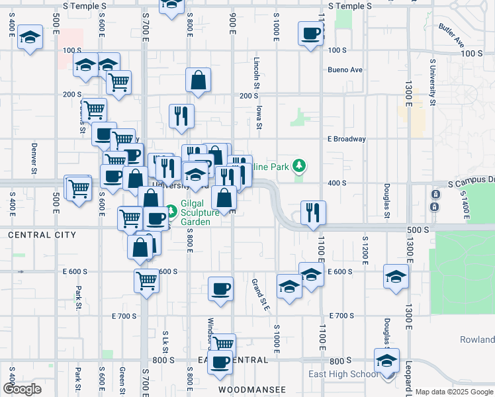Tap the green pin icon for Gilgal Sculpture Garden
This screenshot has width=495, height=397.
171,211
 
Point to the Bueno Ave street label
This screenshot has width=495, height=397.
345,69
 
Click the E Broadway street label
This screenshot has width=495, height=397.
346,139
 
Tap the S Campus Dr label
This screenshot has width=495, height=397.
471,181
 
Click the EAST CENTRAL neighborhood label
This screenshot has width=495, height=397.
233,360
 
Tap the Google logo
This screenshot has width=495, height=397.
22,389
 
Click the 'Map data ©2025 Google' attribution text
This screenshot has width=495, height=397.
455,392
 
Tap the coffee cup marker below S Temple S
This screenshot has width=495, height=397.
310,33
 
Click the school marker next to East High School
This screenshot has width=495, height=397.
386,360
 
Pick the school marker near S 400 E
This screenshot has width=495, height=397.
29,37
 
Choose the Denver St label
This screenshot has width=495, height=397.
33,157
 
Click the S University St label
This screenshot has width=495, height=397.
432,82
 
